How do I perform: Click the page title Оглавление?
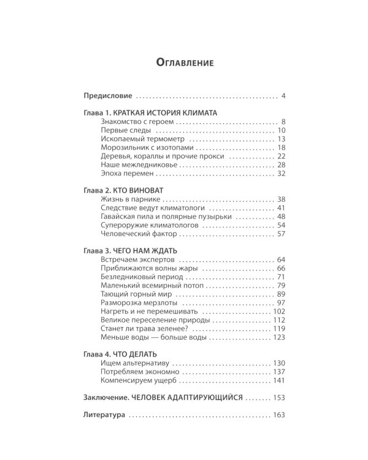(x=184, y=63)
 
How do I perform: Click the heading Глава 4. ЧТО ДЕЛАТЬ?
(x=120, y=355)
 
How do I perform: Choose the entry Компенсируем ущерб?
(x=132, y=380)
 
